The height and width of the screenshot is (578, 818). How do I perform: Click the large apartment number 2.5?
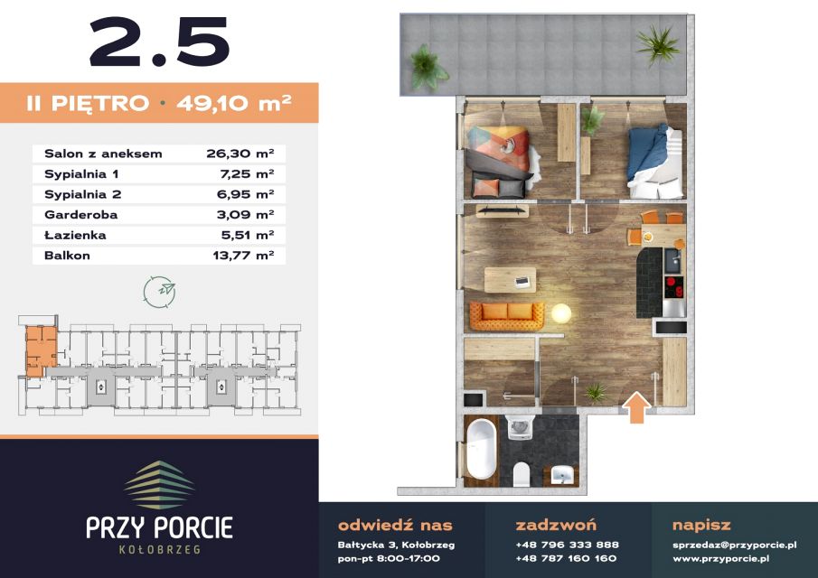pos(160,42)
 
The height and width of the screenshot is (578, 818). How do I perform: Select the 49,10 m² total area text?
pos(234,103)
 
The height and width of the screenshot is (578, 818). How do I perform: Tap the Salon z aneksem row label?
pos(103,154)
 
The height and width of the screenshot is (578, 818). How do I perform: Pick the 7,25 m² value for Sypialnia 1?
pos(247,174)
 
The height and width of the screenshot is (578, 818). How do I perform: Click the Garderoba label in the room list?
pos(80,215)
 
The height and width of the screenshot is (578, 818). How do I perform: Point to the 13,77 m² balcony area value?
pos(244,256)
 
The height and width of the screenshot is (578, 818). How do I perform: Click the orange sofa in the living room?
pos(506,315)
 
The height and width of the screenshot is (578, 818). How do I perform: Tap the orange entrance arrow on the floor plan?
pos(637,407)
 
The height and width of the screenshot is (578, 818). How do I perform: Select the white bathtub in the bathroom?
pos(482,448)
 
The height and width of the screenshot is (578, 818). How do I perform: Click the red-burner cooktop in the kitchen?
pos(674,286)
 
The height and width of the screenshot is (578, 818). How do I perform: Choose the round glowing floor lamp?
pos(561,313)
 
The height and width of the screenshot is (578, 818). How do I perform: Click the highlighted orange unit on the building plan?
pos(41,350)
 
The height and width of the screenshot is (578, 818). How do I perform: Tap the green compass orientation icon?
pos(160,292)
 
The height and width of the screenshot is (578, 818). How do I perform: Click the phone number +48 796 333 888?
pos(567,545)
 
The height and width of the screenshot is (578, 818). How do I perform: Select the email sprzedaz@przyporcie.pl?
pos(735,545)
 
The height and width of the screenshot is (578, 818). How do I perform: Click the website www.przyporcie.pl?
pos(720,559)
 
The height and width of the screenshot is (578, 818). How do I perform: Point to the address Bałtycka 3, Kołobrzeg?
pos(397,545)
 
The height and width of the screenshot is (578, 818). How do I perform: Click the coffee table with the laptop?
pos(510,280)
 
